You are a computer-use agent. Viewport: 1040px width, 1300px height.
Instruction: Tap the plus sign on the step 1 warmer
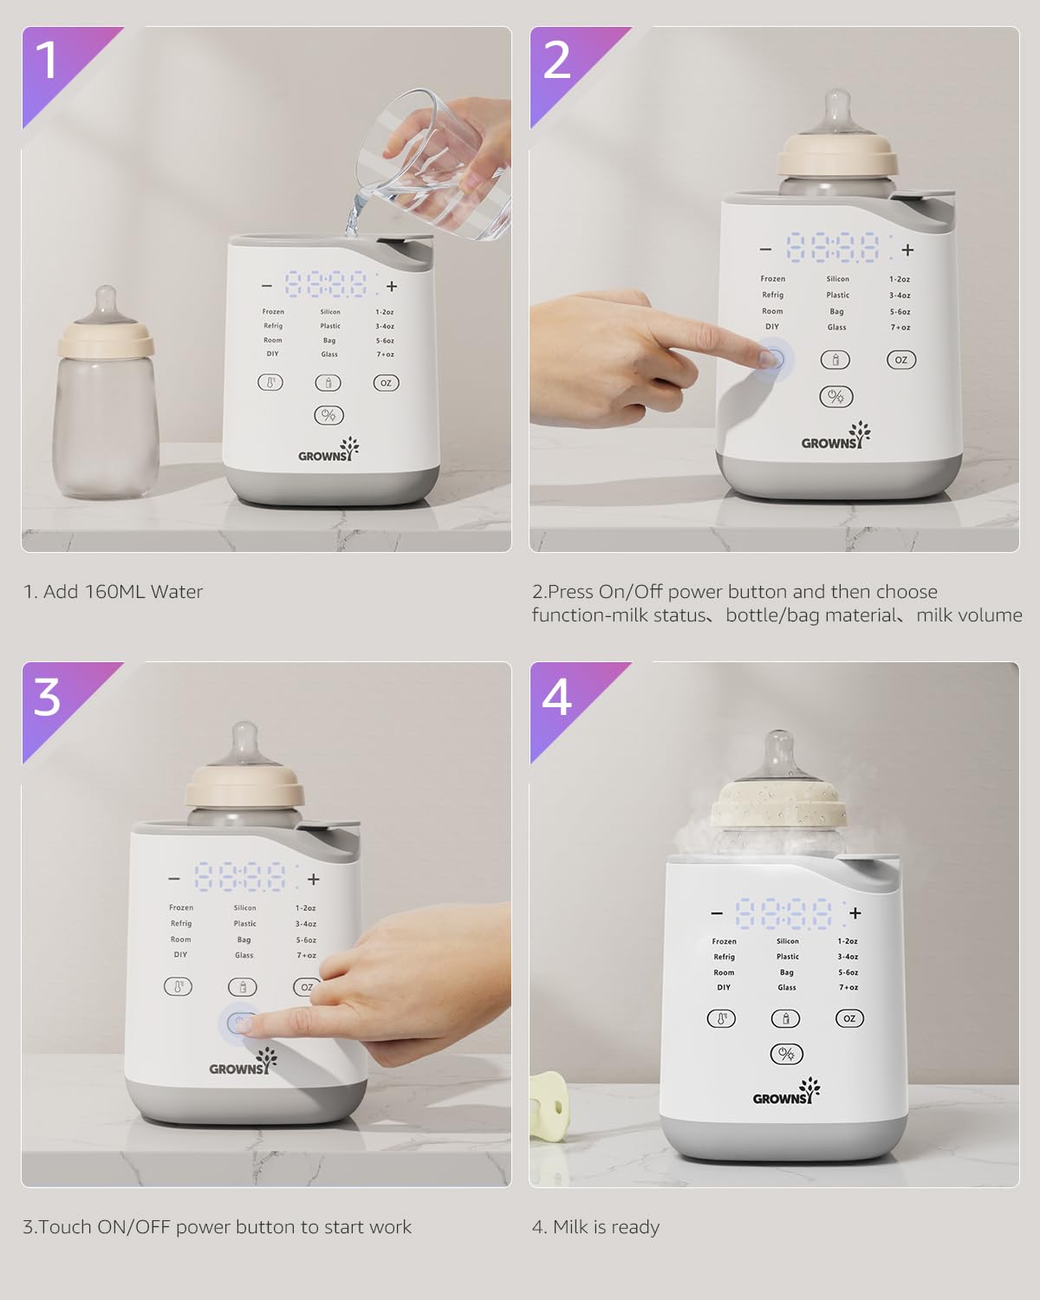[x=392, y=286]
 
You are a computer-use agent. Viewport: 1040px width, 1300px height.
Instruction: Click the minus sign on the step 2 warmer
[x=764, y=250]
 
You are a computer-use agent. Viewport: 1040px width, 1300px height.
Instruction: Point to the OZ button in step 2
[x=900, y=360]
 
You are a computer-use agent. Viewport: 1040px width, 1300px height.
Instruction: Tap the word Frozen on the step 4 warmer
[x=724, y=941]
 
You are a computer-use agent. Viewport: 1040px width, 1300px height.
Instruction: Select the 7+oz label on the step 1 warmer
[x=385, y=354]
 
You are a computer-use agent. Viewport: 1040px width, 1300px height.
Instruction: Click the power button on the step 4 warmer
[x=787, y=1054]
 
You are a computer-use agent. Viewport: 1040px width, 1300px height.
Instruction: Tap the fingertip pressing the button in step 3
[x=247, y=1024]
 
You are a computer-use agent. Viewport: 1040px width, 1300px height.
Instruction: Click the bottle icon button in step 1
[x=328, y=382]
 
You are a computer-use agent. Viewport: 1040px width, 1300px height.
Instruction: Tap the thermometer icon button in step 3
[x=179, y=986]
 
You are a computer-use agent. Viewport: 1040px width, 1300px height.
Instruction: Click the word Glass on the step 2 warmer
[x=836, y=328]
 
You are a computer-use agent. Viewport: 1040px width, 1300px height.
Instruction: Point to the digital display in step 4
[x=784, y=913]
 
